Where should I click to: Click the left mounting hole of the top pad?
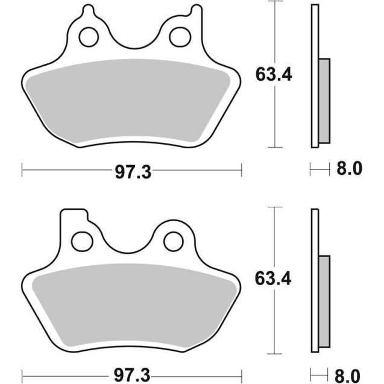(89, 37)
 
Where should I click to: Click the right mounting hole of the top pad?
(180, 37)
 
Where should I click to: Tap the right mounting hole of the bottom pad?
(174, 242)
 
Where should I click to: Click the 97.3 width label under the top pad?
(132, 172)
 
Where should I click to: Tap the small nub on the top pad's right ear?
(195, 10)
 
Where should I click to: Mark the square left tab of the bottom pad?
(74, 217)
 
